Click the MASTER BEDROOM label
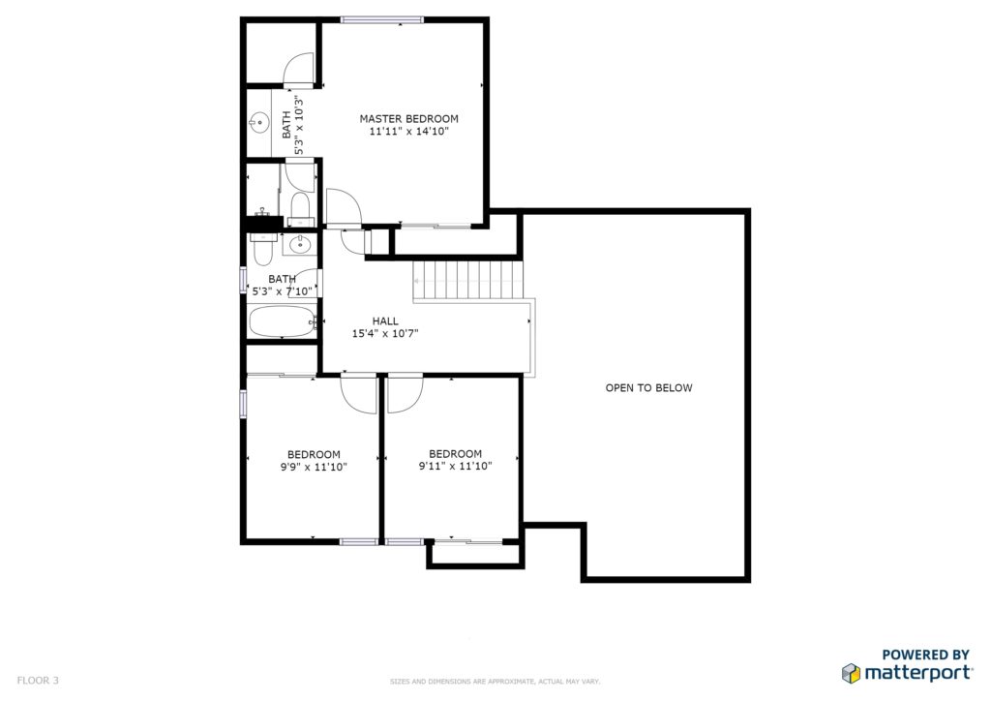coord(409,118)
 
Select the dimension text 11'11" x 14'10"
coord(409,132)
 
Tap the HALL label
coord(385,321)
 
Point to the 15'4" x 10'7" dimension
coord(385,334)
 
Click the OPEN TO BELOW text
coord(648,387)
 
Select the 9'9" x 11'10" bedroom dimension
coord(314,467)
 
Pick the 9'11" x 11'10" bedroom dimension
coord(455,467)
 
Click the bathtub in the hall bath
coord(282,321)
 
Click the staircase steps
coord(467,280)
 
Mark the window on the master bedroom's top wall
coord(381,19)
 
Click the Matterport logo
coord(906,673)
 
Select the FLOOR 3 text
coord(38,680)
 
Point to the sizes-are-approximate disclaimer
coord(495,682)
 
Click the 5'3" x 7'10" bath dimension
coord(282,291)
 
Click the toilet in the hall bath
coord(262,249)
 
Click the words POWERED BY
coord(925,655)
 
